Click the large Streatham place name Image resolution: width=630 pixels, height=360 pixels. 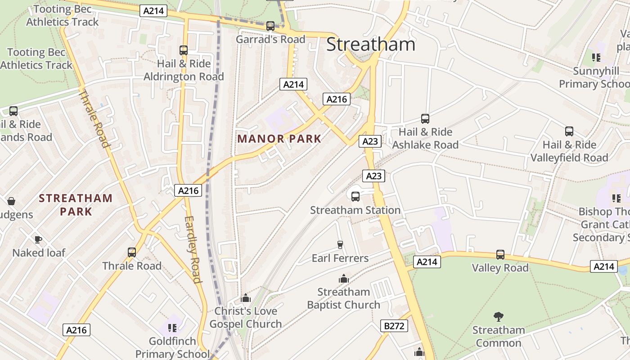click(370, 45)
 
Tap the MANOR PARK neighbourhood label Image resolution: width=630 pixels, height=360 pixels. click(279, 139)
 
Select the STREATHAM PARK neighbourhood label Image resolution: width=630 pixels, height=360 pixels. click(76, 205)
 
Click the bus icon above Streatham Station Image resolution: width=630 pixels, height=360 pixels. click(355, 196)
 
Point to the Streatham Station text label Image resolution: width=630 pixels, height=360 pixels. click(355, 210)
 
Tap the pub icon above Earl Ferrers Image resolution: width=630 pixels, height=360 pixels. click(340, 244)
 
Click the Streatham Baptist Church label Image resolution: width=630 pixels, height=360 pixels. click(343, 298)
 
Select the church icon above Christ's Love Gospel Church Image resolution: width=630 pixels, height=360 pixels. click(246, 297)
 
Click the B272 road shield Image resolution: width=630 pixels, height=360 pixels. click(394, 326)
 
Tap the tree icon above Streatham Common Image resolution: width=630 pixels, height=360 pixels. click(498, 316)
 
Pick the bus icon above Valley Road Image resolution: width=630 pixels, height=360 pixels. click(500, 255)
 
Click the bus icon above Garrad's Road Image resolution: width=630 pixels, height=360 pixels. click(270, 26)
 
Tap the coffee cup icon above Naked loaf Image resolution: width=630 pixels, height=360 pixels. click(38, 239)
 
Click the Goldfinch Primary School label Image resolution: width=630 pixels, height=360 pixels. click(166, 347)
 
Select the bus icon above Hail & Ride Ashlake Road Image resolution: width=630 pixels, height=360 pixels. click(425, 119)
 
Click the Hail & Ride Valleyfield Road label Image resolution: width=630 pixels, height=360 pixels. click(569, 151)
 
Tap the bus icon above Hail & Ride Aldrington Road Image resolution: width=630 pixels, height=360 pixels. click(184, 50)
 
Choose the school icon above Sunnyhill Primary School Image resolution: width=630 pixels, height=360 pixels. click(596, 57)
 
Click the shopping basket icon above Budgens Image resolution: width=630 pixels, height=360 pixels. click(11, 201)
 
